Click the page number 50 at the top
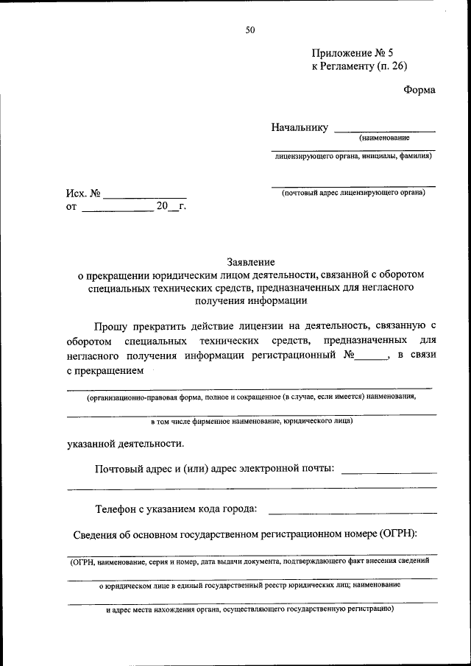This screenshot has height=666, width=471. click(250, 30)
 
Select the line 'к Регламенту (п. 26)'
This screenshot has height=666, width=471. click(359, 66)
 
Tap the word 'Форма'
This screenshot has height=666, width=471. click(419, 90)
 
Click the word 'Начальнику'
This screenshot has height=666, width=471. click(299, 127)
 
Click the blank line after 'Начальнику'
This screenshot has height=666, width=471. click(384, 130)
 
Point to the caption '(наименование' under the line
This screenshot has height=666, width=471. click(384, 138)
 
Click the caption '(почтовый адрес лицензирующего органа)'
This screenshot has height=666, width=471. click(353, 193)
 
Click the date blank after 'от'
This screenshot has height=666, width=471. click(116, 210)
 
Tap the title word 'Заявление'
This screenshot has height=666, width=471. click(250, 261)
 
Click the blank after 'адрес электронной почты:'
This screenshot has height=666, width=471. click(389, 471)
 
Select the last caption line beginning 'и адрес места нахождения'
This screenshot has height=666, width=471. click(250, 610)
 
